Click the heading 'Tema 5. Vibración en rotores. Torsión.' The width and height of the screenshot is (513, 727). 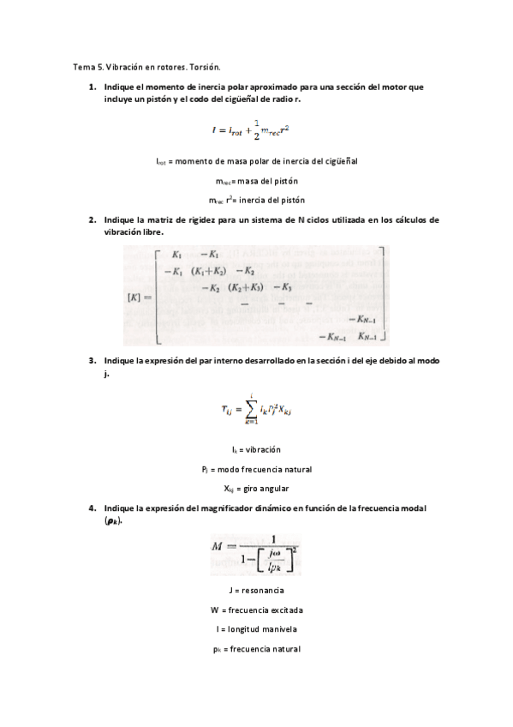click(x=146, y=67)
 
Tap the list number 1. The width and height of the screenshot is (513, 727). click(x=92, y=87)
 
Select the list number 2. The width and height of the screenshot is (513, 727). click(x=92, y=220)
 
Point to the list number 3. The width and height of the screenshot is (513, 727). click(x=92, y=361)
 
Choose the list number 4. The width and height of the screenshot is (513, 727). click(x=92, y=508)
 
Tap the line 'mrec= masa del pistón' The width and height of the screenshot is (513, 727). click(x=257, y=181)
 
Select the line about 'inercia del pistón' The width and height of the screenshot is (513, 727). click(x=257, y=201)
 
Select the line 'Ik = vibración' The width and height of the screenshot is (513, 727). click(x=256, y=449)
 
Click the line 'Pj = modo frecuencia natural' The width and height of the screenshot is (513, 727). click(x=256, y=469)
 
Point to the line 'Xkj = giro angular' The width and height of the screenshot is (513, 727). click(x=256, y=489)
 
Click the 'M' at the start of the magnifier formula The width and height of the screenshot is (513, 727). click(x=217, y=546)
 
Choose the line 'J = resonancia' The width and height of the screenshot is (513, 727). click(x=256, y=591)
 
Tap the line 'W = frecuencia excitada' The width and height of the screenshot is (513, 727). click(x=256, y=610)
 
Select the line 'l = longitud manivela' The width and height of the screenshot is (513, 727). click(x=256, y=630)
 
